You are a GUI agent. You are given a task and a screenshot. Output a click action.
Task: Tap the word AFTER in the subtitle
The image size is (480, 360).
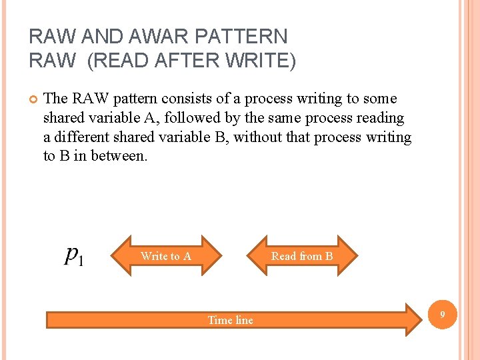175,61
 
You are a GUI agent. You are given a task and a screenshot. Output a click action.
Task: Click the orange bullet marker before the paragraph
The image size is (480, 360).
33,99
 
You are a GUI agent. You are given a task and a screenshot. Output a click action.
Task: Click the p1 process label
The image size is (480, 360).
74,255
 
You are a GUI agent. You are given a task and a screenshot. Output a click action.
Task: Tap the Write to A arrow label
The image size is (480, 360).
166,256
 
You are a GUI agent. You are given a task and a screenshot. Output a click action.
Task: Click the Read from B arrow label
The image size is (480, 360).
302,256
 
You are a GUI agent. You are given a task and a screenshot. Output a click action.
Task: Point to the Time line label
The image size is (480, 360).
231,320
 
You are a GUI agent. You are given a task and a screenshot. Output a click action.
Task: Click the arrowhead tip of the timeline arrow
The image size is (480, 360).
424,317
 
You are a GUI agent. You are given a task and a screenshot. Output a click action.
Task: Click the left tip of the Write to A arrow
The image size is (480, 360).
111,256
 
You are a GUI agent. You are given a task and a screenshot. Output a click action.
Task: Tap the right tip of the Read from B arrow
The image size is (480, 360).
357,256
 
